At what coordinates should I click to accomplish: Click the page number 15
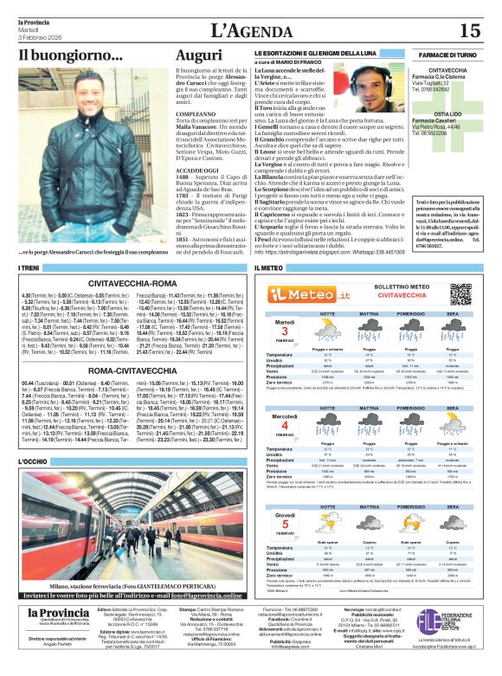468,30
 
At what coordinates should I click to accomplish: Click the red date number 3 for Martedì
284,332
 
